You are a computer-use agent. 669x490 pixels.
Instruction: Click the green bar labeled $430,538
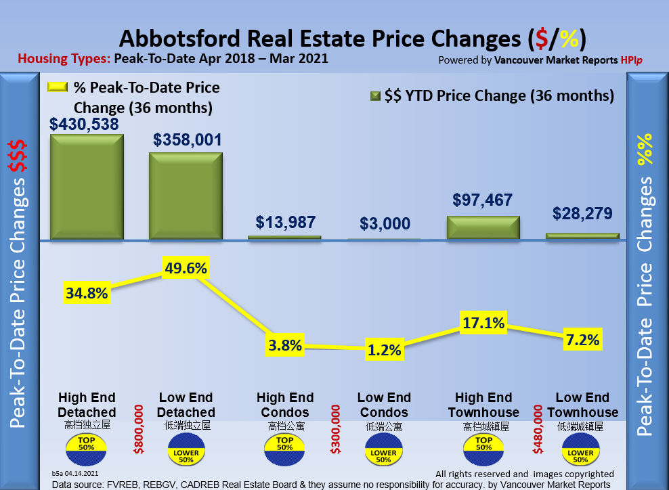pos(87,185)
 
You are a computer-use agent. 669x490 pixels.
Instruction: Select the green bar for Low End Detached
pos(186,195)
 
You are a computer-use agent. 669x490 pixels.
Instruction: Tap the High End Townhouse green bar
pos(483,227)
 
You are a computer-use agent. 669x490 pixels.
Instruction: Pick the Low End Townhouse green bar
pos(582,236)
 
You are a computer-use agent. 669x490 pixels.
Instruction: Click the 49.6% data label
pos(186,268)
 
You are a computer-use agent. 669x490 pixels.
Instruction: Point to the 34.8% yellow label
pos(87,293)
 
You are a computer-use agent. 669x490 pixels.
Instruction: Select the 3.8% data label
pos(284,345)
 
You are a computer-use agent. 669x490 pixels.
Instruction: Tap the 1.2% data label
pos(384,350)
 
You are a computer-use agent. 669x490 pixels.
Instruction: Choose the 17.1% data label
pos(483,324)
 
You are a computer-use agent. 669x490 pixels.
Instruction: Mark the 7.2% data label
pos(582,340)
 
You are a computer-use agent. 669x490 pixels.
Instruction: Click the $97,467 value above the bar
pos(483,200)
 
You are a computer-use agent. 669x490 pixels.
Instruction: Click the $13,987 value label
pos(285,222)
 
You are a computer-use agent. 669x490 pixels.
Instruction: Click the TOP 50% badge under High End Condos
pos(284,445)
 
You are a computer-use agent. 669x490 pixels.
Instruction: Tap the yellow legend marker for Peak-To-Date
pos(58,87)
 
